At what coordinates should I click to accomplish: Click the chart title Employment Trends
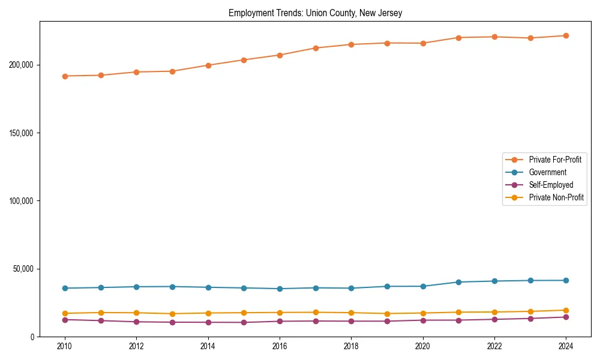315,13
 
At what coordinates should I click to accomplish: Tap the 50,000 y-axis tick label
23,269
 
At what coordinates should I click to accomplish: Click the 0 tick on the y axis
34,337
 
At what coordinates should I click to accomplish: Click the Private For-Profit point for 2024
566,36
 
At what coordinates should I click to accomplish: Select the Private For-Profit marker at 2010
65,76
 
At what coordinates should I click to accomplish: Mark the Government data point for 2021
458,282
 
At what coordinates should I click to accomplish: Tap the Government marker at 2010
65,288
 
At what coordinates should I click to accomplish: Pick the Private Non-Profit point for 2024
566,310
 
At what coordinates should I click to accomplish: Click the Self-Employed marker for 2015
244,322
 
